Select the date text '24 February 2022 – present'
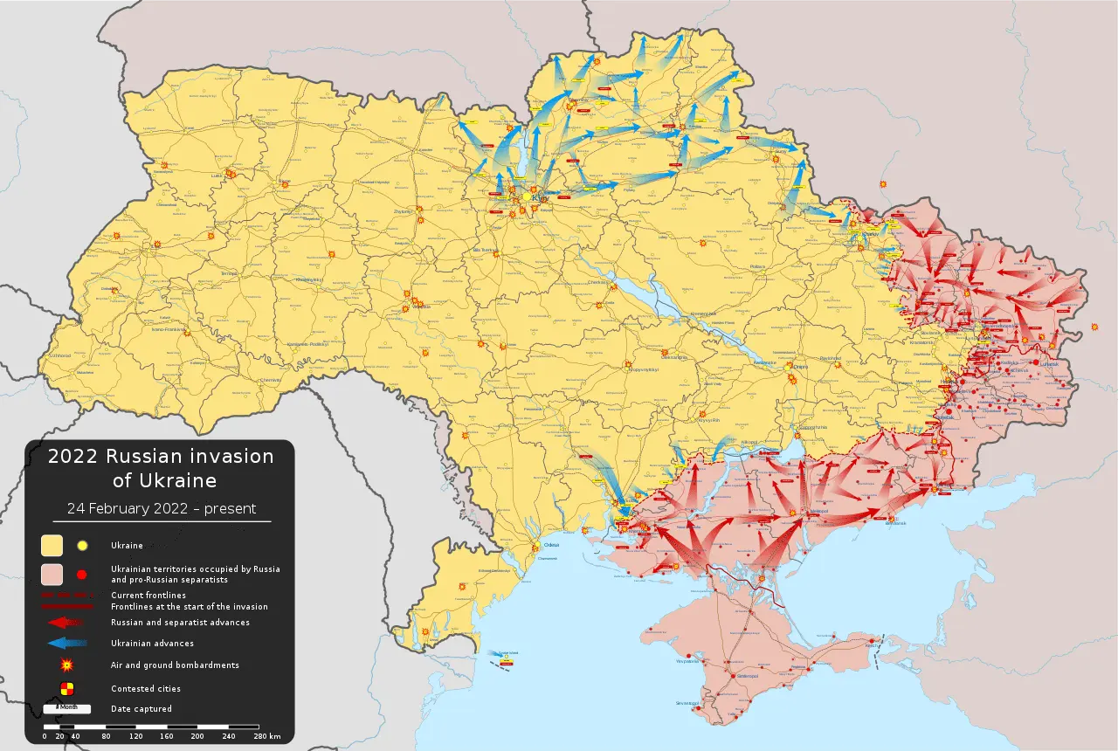162,508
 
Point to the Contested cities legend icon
67,688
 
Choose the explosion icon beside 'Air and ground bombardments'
67,665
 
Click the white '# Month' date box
67,707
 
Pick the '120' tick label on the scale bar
135,737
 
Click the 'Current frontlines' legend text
148,595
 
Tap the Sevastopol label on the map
687,703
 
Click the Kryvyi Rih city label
707,420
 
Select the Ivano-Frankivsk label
171,330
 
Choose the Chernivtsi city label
270,380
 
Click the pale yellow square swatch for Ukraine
52,546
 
